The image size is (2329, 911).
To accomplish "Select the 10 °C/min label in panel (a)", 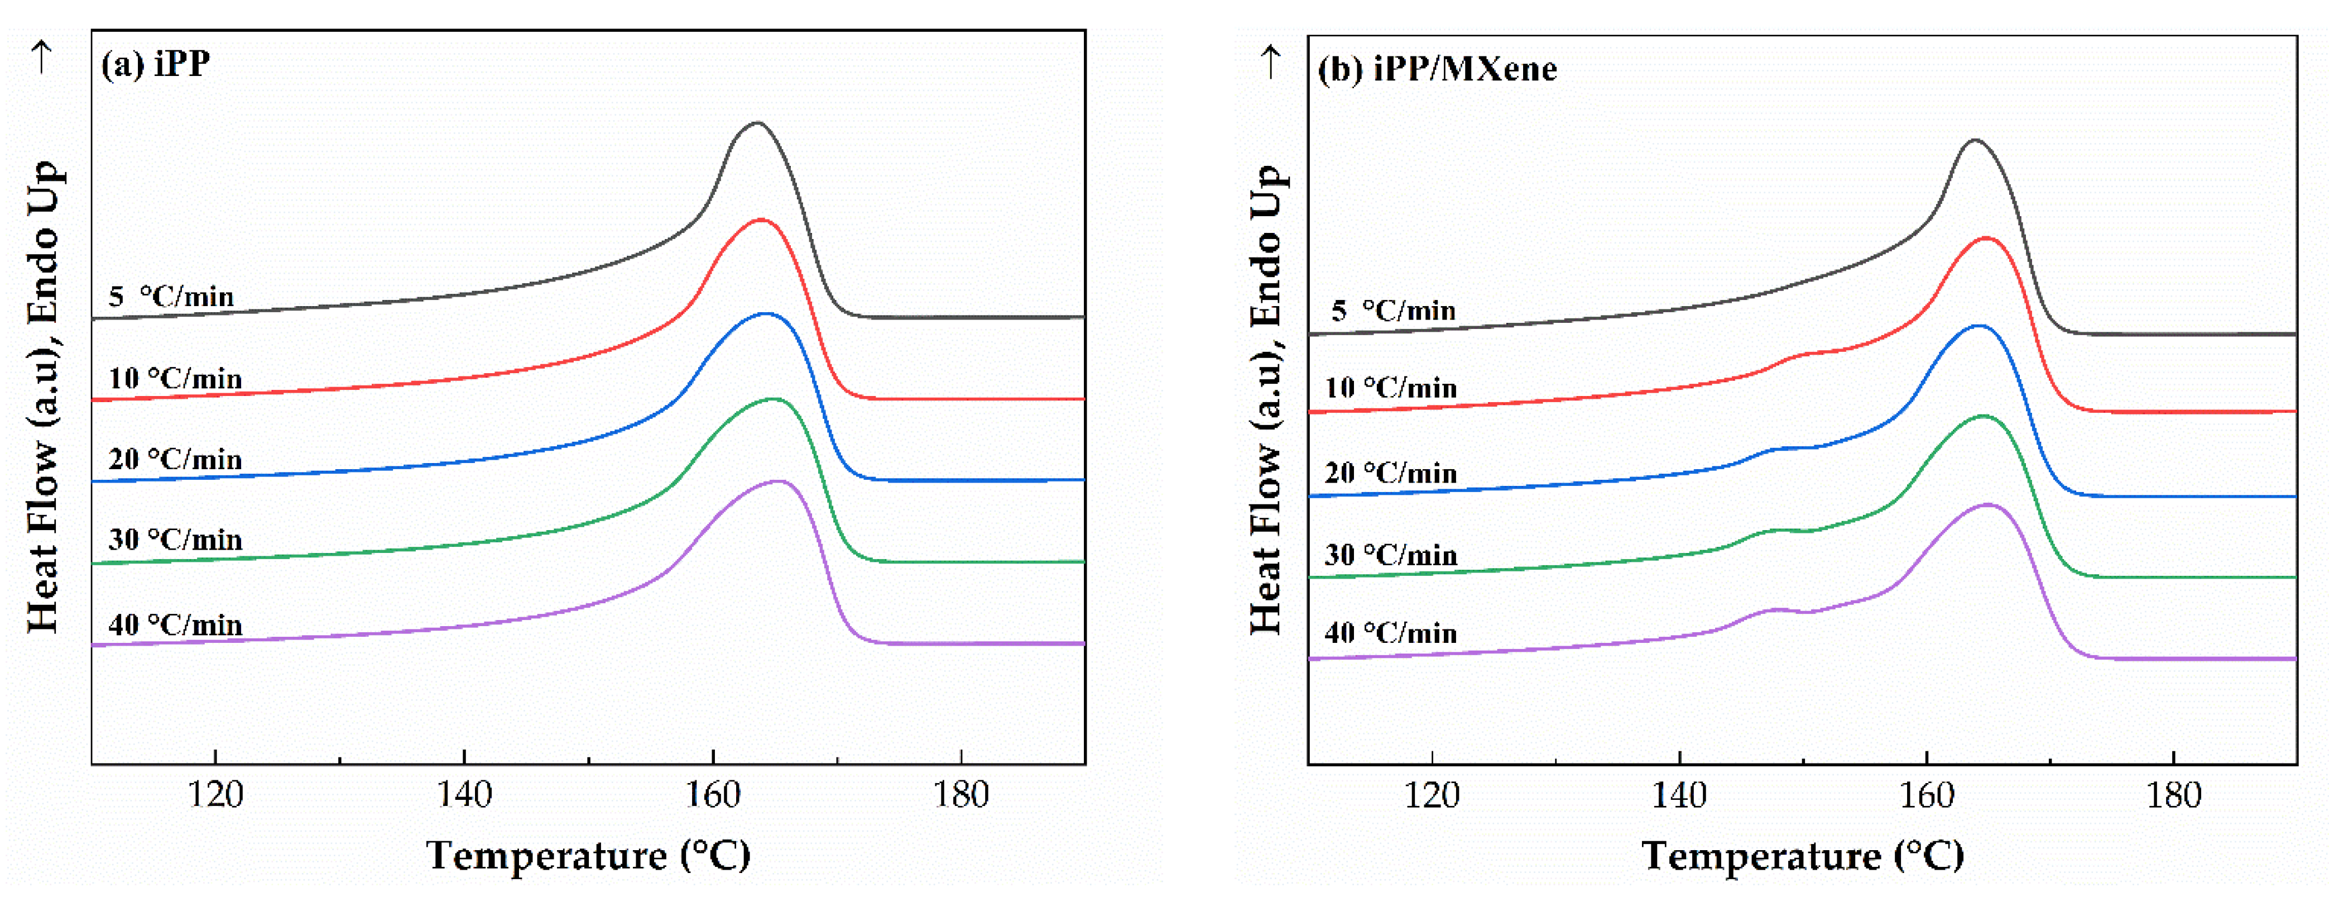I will coord(175,378).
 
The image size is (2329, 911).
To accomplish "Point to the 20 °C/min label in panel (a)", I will coord(175,460).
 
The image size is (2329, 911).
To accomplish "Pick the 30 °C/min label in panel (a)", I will coord(175,540).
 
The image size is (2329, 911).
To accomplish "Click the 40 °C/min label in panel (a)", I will coord(175,625).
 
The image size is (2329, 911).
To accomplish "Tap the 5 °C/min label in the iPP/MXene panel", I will coord(1392,311).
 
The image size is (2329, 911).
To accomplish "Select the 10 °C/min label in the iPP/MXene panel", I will coord(1390,388).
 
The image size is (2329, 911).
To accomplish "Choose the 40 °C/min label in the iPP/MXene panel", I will coord(1390,633).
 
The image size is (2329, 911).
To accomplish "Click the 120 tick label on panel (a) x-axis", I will coord(215,795).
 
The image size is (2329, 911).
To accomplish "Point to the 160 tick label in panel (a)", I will coord(713,795).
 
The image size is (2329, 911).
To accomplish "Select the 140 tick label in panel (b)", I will coord(1679,796).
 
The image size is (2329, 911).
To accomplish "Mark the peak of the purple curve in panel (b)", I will coord(1988,505).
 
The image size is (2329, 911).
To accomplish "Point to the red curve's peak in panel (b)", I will coord(1986,238).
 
